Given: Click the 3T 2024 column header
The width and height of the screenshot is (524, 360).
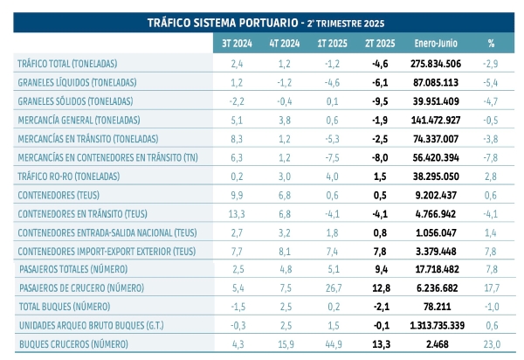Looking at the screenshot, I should (236, 43).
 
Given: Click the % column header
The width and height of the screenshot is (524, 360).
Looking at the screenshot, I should (491, 43).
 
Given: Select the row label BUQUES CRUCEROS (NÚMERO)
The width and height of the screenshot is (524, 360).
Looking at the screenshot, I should (73, 347).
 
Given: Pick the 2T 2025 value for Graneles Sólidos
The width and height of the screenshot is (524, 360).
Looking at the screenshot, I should (380, 101).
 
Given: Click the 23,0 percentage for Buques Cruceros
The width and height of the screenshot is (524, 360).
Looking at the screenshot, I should (491, 347).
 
